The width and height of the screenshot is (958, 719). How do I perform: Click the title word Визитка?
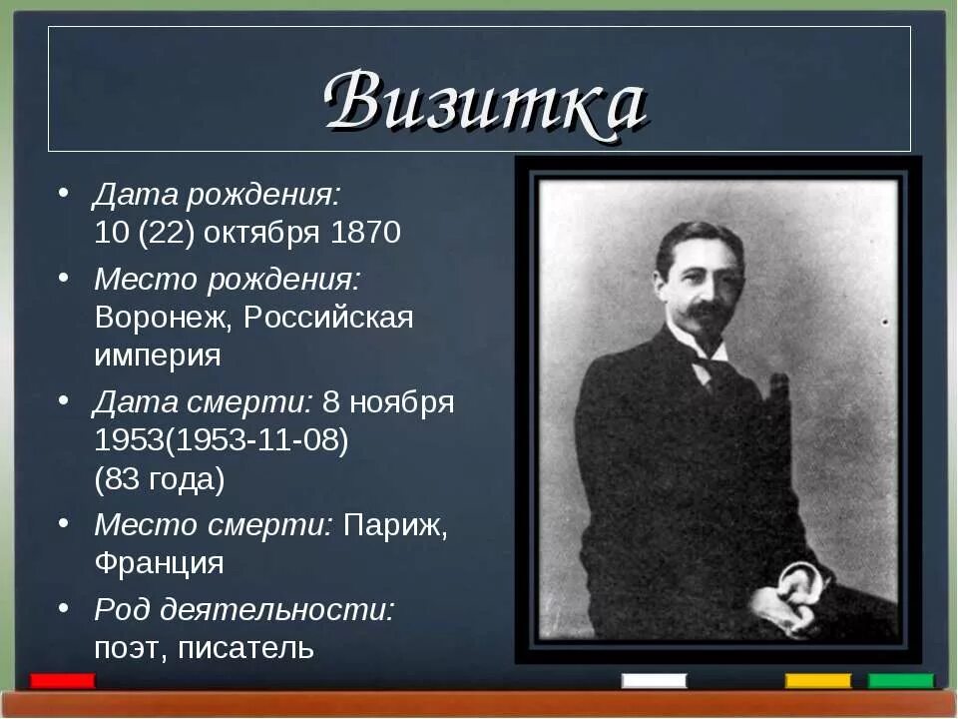coord(485,102)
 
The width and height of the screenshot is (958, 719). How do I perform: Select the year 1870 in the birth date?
coord(366,233)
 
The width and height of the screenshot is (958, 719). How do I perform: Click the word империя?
coord(158,356)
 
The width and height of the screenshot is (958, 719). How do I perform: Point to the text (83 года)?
coord(160,479)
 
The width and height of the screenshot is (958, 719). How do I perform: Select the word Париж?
coord(395,525)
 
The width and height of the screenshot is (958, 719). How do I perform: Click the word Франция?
coord(159,562)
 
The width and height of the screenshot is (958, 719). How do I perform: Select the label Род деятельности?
coord(243,609)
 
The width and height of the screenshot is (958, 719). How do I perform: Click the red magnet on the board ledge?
coord(63,681)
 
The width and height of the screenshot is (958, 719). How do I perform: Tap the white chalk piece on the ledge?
coord(654,681)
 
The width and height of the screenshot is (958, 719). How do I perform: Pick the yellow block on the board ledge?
coord(817,681)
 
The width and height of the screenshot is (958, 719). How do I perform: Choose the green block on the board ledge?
coord(900,681)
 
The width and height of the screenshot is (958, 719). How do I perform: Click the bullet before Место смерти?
coord(62,521)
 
